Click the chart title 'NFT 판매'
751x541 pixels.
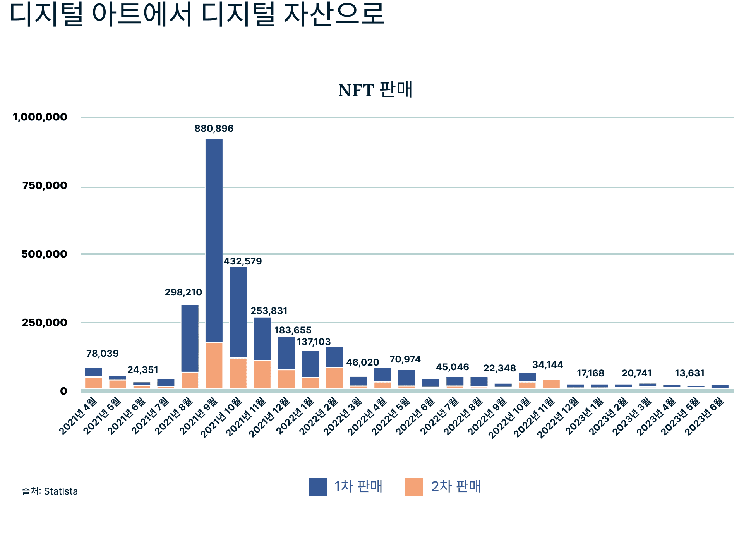[x=375, y=90]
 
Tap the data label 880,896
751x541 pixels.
[x=214, y=129]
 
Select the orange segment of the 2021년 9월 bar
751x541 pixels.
[x=214, y=365]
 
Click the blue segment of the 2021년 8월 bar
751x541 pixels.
[x=190, y=338]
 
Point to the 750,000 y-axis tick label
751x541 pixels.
[x=45, y=186]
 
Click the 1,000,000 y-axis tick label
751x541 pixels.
[x=40, y=117]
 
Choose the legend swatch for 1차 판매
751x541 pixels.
[x=317, y=487]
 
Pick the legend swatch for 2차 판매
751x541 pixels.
[x=413, y=487]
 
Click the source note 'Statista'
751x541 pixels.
[x=61, y=491]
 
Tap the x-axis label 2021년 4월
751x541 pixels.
[x=79, y=415]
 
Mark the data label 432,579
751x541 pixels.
[x=243, y=261]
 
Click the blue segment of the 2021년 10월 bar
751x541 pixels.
[x=238, y=312]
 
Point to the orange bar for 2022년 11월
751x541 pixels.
[x=551, y=384]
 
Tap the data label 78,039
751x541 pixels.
[x=102, y=354]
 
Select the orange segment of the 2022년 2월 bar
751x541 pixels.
[x=334, y=378]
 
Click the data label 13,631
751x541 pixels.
[x=689, y=373]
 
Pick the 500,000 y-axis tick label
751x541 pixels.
[x=44, y=254]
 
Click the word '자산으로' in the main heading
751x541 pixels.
[x=334, y=14]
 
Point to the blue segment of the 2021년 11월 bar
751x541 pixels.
[x=262, y=338]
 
